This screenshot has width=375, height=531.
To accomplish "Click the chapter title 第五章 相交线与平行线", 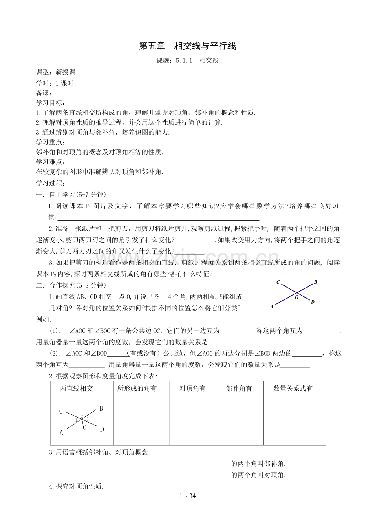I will (187, 46).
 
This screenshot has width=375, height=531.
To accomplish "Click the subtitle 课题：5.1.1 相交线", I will (187, 61).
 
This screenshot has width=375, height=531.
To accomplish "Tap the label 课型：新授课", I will (56, 72).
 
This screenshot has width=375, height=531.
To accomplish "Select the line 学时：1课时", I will (55, 84).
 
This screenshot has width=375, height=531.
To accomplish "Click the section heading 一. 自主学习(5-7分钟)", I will (71, 194).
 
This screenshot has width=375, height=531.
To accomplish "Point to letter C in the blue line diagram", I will (278, 282).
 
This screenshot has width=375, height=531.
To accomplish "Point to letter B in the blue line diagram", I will (315, 282).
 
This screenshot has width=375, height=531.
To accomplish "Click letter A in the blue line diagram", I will (272, 307).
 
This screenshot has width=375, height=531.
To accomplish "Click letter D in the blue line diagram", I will (313, 302).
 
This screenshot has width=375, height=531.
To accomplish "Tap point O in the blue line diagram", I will (297, 297).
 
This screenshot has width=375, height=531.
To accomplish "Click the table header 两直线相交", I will (77, 389).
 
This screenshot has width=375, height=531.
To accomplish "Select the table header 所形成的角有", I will (137, 389).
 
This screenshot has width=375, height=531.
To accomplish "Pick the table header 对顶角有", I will (192, 389).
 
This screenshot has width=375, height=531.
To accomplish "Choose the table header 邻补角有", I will (239, 389).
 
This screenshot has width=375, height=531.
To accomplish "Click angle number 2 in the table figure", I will (82, 416).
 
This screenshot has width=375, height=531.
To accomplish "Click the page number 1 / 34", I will (188, 496).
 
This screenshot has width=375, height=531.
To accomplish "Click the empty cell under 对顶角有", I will (192, 420).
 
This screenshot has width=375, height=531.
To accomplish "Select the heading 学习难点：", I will (51, 162).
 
